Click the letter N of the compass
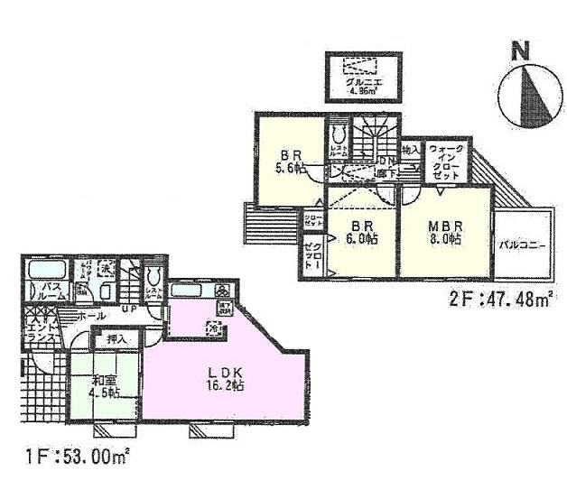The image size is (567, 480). (519, 52)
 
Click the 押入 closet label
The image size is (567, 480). (116, 340)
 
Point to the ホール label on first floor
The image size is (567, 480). (88, 318)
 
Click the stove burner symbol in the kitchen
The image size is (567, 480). (223, 291)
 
